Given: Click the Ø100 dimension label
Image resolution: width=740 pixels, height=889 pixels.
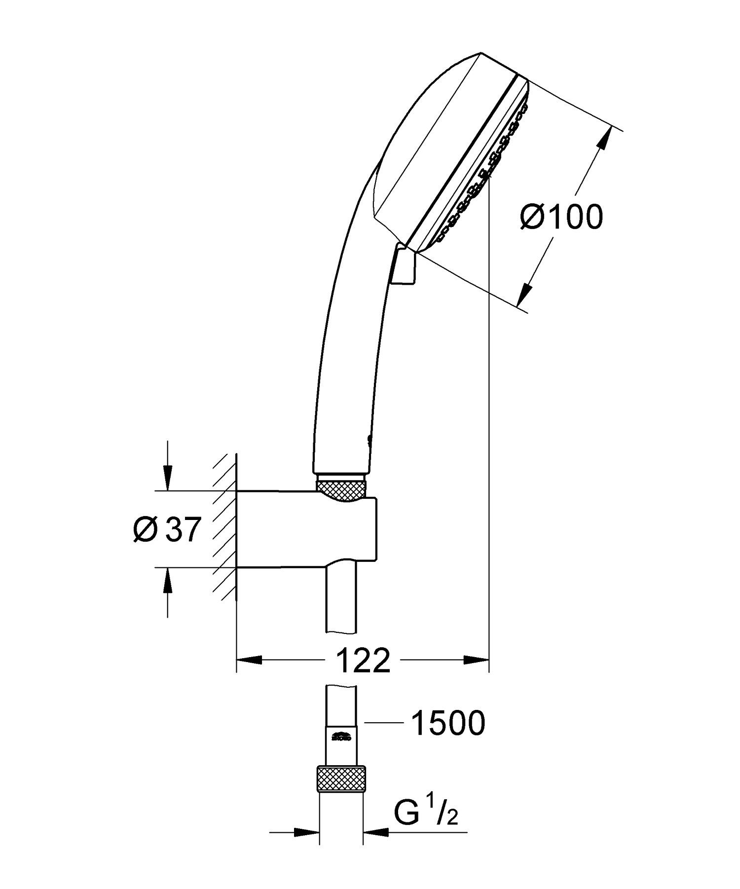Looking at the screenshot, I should point(561,217).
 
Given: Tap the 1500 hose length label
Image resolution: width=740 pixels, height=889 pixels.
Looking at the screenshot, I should point(448,723).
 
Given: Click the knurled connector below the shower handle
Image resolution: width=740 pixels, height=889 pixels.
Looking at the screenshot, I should point(341,490).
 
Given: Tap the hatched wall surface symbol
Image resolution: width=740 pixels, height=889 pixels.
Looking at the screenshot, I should point(225,528).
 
